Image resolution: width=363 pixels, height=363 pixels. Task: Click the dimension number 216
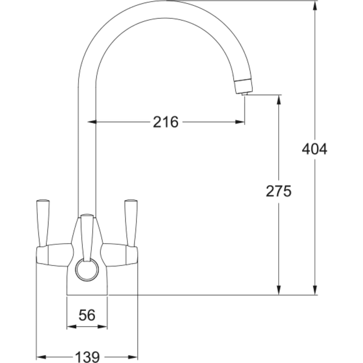[166, 122]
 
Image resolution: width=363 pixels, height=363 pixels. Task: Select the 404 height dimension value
[314, 149]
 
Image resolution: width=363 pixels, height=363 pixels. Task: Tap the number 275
[278, 191]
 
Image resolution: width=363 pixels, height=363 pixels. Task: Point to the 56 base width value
[87, 315]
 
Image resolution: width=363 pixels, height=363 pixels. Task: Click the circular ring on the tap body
[87, 270]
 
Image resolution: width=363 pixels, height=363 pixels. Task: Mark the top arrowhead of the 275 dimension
[278, 99]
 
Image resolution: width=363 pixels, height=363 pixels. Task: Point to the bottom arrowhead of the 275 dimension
[278, 290]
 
